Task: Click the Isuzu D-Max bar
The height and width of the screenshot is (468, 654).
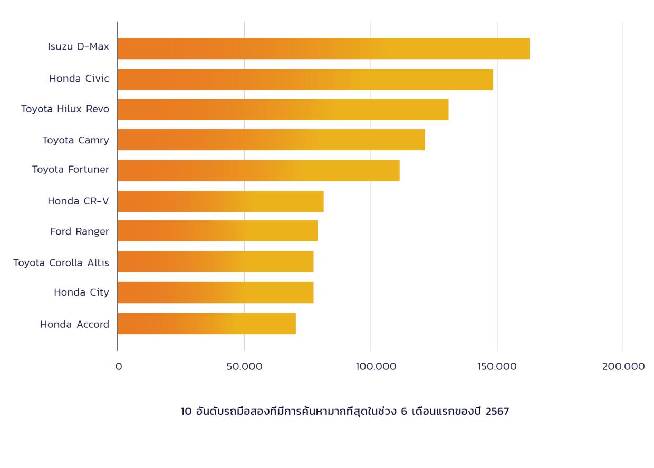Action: [x=323, y=48]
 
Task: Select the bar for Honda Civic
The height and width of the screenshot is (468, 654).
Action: [x=305, y=79]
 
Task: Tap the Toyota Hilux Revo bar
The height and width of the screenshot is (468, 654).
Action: [x=283, y=110]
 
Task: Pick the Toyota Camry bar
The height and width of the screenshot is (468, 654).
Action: [x=271, y=140]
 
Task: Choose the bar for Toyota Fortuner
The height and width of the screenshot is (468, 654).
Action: [x=258, y=170]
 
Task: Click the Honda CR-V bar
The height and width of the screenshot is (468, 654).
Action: [x=220, y=201]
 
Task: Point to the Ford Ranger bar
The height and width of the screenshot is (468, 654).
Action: [x=217, y=231]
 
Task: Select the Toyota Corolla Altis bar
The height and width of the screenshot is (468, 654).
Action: [x=215, y=261]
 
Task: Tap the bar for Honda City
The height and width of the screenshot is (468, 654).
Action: [x=215, y=292]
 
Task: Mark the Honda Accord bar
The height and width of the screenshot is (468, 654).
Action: [x=206, y=324]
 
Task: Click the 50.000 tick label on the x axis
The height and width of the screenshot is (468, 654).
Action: [x=244, y=367]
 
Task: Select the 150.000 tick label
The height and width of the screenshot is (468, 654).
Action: [x=497, y=367]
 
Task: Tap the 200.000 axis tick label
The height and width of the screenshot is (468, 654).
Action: [x=623, y=367]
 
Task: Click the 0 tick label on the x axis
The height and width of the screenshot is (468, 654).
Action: [x=119, y=367]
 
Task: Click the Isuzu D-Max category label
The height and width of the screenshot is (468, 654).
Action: [x=78, y=47]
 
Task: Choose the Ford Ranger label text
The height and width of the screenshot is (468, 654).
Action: [x=80, y=231]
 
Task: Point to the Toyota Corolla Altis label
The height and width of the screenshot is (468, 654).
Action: [x=61, y=262]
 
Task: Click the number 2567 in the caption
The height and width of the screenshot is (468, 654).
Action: [x=497, y=412]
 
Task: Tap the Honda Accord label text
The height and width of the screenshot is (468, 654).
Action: [x=74, y=325]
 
